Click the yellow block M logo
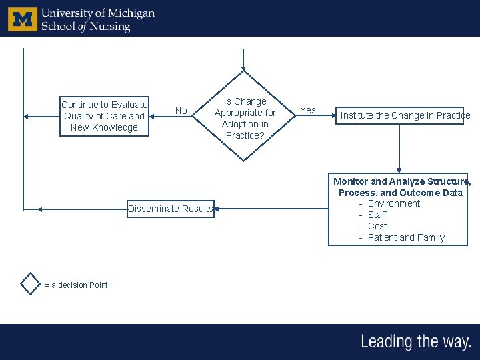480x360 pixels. tap(23, 19)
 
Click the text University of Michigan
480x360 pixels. tap(97, 13)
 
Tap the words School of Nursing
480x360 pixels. tap(85, 27)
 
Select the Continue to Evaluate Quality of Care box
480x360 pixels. tap(104, 116)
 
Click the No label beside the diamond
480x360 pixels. tap(181, 111)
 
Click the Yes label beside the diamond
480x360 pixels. tap(308, 110)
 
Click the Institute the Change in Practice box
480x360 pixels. tap(405, 115)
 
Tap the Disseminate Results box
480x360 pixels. tap(171, 209)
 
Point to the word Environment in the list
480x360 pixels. tap(393, 203)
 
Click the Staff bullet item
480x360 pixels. tap(377, 215)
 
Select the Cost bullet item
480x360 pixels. tap(377, 226)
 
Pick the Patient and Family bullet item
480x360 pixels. tap(406, 237)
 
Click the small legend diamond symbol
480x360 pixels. tap(31, 283)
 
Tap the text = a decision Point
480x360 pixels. tap(75, 285)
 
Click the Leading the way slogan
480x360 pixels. tap(416, 342)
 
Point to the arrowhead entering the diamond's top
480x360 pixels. tap(244, 68)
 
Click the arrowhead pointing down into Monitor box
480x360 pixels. tap(399, 169)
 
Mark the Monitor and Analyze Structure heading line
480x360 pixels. tap(401, 181)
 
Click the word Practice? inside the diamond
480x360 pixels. tap(245, 135)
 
